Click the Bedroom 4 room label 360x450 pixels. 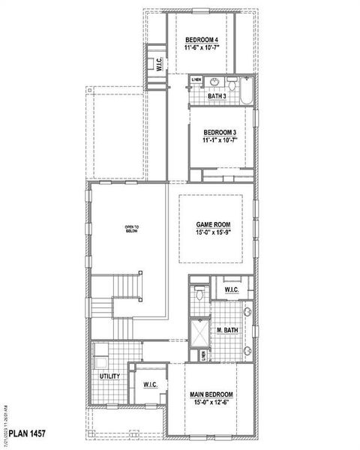pyautogui.click(x=201, y=39)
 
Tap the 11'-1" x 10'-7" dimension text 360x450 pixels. pyautogui.click(x=219, y=139)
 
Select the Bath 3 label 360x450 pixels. pyautogui.click(x=217, y=96)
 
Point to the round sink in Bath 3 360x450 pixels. pyautogui.click(x=214, y=82)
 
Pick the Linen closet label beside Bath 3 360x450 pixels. pyautogui.click(x=196, y=79)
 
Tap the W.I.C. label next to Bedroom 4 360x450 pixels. pyautogui.click(x=159, y=64)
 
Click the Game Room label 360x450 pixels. pyautogui.click(x=213, y=224)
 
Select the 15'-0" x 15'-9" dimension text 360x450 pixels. pyautogui.click(x=213, y=233)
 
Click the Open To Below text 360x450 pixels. pyautogui.click(x=132, y=229)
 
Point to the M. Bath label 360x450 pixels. pyautogui.click(x=227, y=330)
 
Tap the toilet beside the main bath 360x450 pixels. pyautogui.click(x=199, y=293)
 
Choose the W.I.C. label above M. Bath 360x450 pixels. pyautogui.click(x=232, y=289)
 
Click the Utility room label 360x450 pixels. pyautogui.click(x=109, y=375)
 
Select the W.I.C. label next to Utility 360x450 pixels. pyautogui.click(x=149, y=385)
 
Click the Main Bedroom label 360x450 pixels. pyautogui.click(x=211, y=394)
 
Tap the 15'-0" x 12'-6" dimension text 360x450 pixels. pyautogui.click(x=211, y=404)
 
